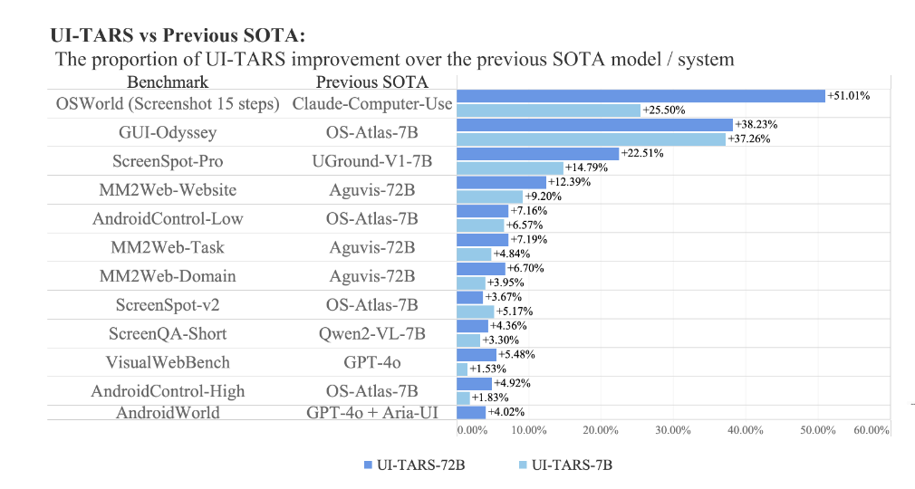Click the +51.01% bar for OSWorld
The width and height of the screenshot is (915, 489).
coord(640,96)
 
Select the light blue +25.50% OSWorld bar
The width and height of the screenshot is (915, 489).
coord(548,110)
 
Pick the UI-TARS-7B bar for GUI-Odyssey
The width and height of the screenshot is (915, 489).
coord(591,139)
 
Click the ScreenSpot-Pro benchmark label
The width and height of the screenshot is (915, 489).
coord(168,161)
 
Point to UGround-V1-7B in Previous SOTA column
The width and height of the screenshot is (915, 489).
coord(371,161)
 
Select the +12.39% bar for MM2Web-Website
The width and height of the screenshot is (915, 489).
coord(501,182)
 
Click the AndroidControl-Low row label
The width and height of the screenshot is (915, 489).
coord(168,218)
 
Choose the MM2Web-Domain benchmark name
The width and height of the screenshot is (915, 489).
coord(168,276)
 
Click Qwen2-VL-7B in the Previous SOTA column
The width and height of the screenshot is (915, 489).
coord(371,333)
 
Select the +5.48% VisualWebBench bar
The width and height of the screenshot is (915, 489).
coord(476,355)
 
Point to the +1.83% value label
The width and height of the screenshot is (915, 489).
coord(491,398)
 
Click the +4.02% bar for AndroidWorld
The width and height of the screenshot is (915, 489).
coord(471,412)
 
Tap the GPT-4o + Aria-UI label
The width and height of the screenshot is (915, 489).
coord(371,413)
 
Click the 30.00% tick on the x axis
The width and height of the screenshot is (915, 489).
coord(673,430)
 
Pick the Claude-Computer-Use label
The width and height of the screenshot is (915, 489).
coord(371,103)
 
